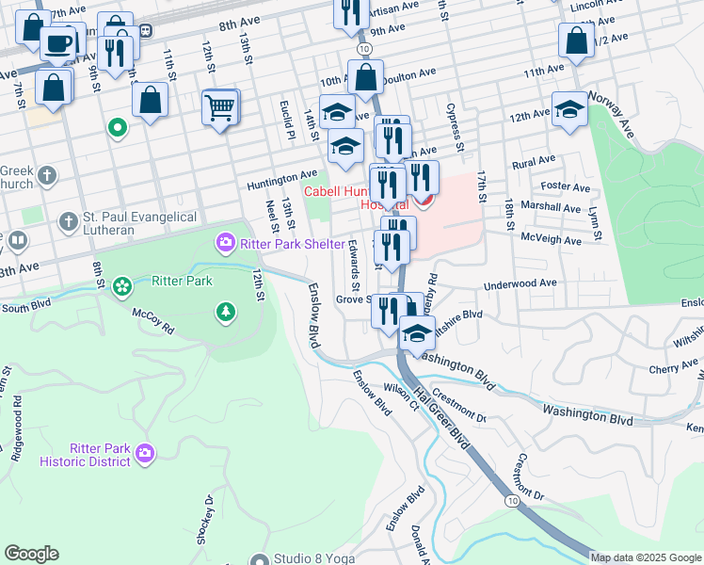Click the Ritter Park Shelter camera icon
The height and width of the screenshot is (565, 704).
(225, 244)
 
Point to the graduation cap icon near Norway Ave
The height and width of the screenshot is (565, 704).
(569, 109)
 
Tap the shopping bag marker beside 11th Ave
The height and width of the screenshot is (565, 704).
(575, 41)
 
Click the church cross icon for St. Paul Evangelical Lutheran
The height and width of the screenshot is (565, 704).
(67, 222)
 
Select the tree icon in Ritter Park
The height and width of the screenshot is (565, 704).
(225, 312)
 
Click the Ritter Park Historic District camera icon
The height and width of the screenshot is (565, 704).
(144, 454)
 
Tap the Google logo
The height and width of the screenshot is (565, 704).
(31, 554)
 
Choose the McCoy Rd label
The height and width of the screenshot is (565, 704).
(152, 323)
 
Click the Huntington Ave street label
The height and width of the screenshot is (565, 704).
(282, 176)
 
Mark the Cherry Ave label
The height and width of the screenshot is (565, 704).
(674, 368)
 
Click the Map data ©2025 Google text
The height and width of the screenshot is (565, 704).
(646, 557)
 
